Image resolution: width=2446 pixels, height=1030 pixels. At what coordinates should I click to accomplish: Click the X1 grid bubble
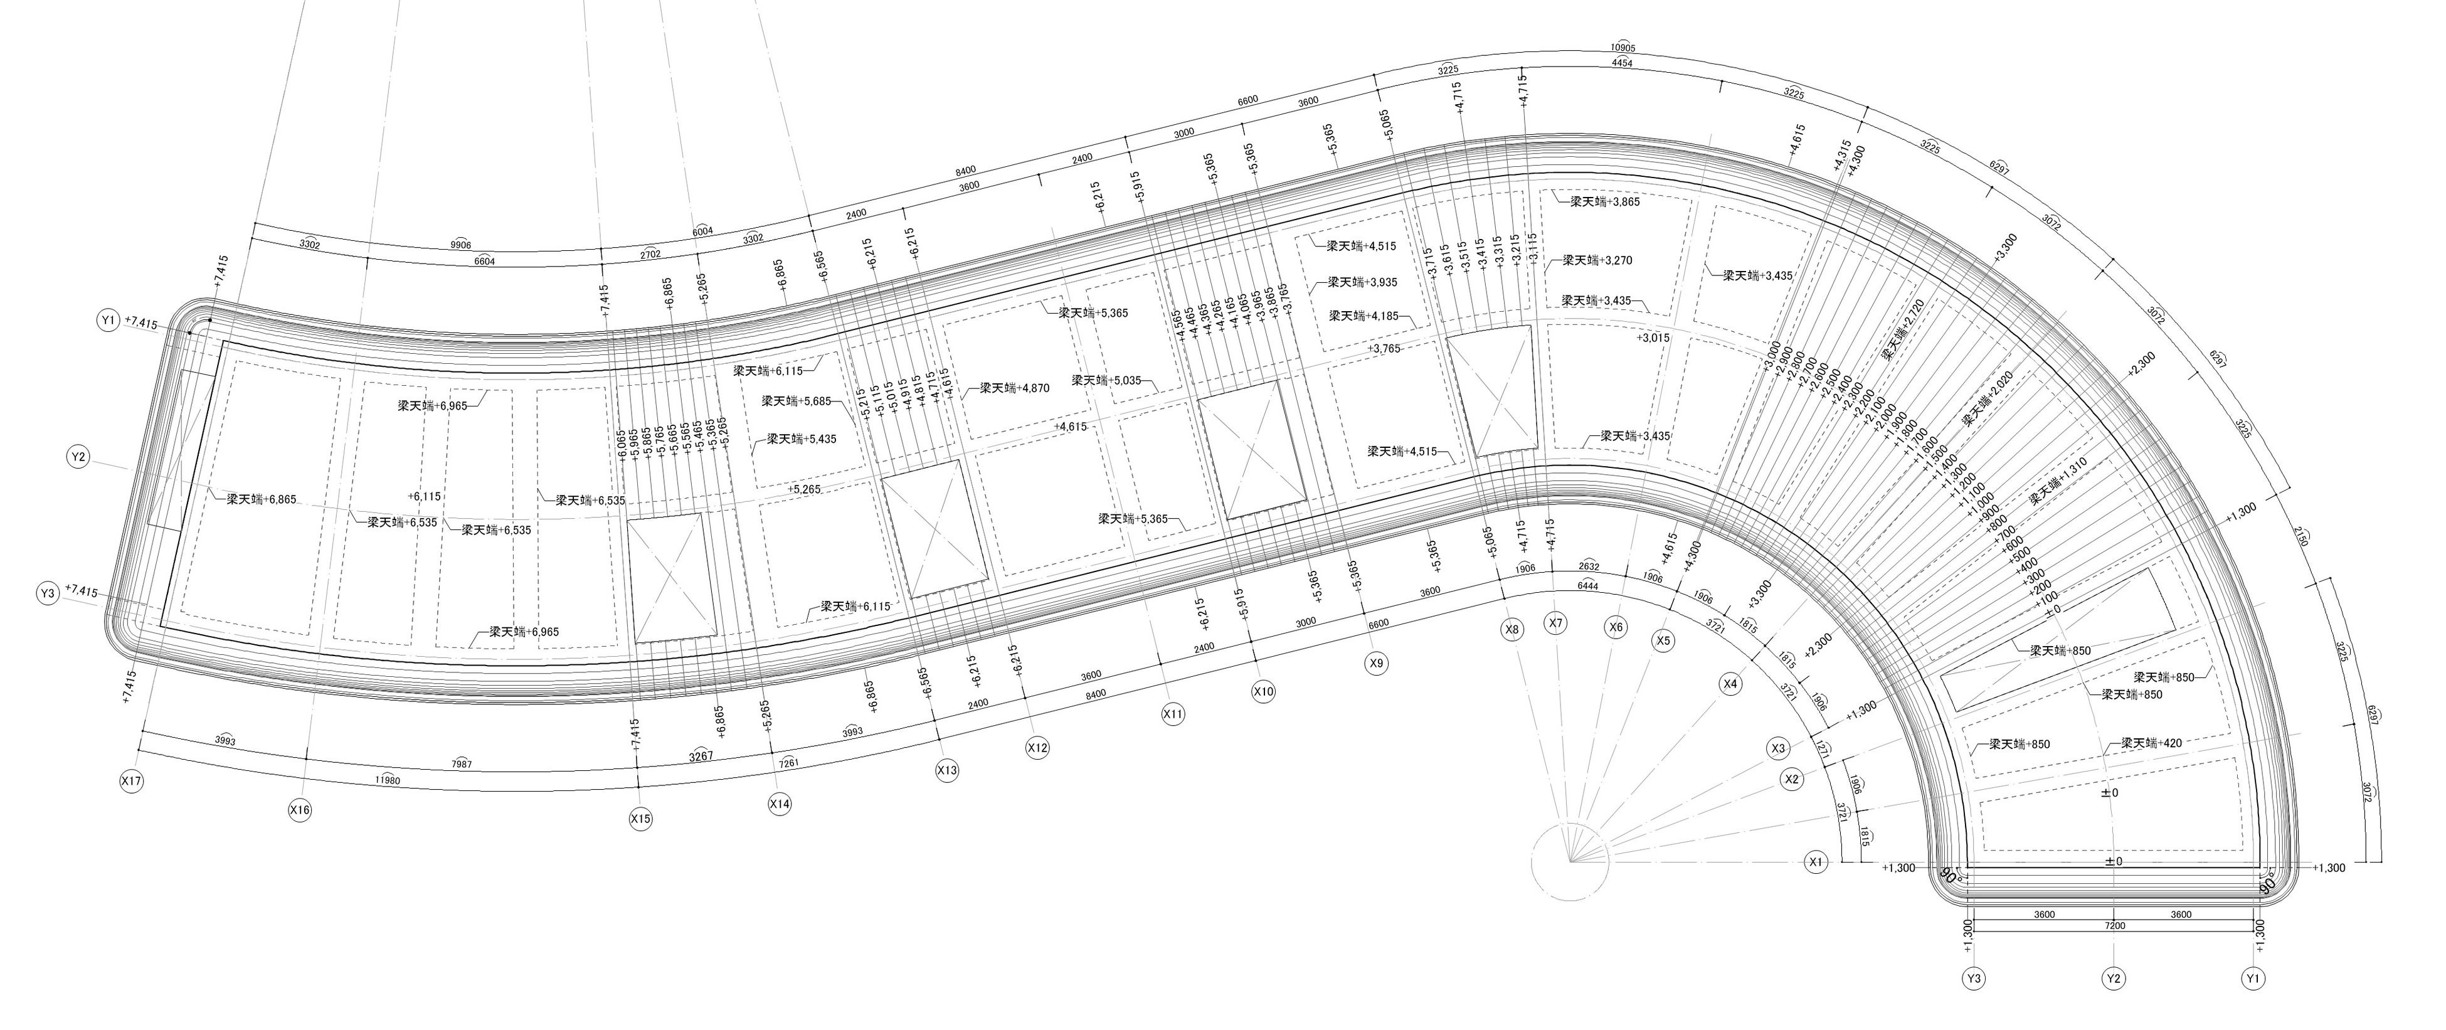click(x=1816, y=862)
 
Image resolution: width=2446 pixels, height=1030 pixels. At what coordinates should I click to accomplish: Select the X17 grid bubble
click(x=131, y=780)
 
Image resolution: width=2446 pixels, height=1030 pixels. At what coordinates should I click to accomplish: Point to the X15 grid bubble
click(x=641, y=819)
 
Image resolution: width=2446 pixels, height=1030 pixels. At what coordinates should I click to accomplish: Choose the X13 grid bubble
click(x=946, y=771)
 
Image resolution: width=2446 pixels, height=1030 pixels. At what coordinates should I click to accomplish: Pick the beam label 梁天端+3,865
click(x=1605, y=201)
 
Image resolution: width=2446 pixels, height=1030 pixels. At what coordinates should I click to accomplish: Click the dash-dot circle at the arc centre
click(x=1572, y=862)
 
